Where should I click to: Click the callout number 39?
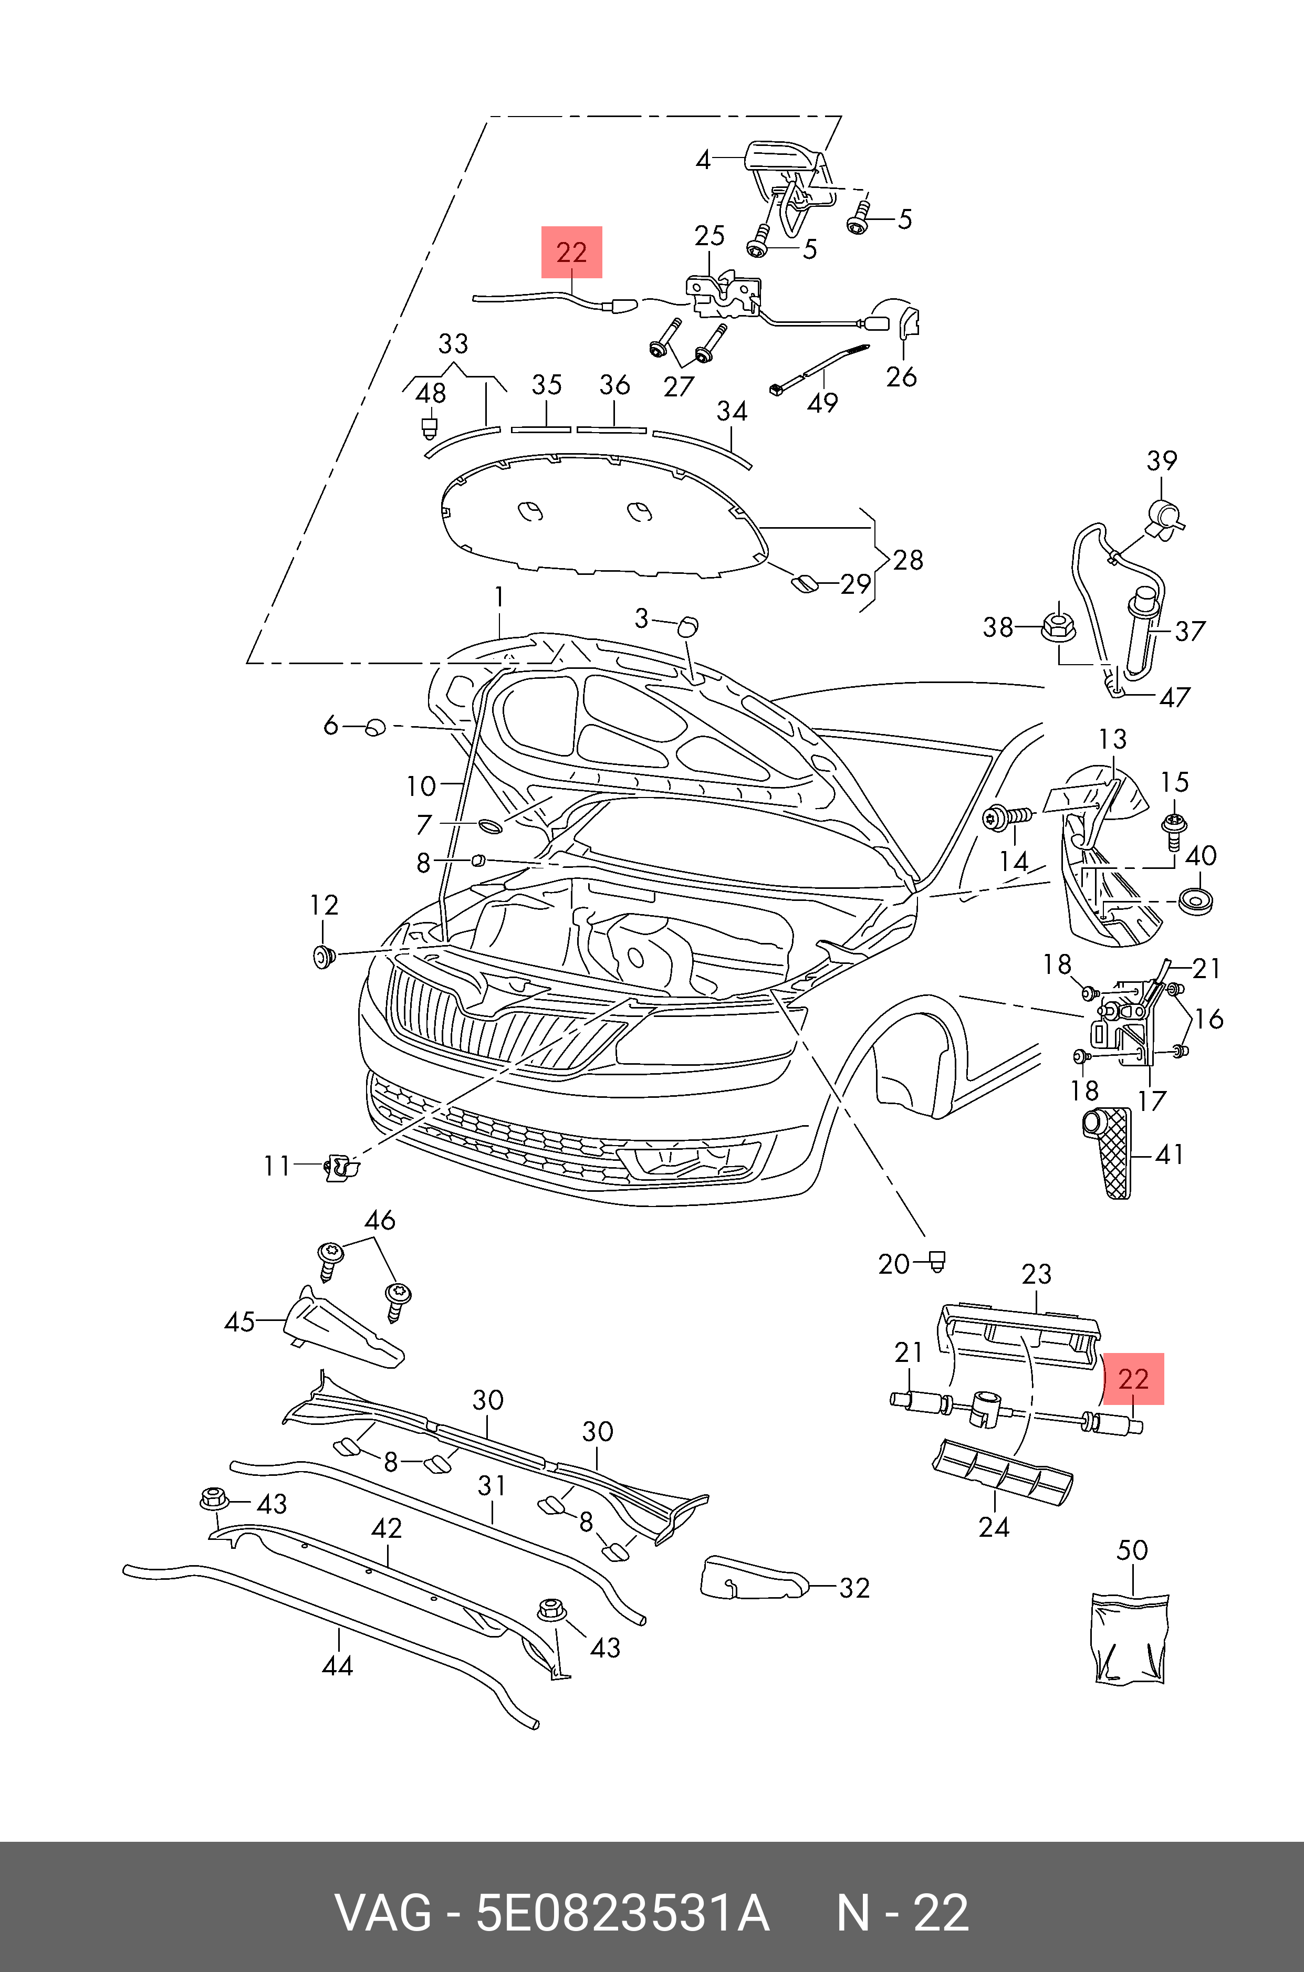coord(1162,460)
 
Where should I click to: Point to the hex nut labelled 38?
coord(1058,625)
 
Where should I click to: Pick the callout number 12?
coord(325,905)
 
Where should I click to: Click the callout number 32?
coord(854,1588)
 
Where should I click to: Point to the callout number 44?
coord(337,1665)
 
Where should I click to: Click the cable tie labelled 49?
coord(819,368)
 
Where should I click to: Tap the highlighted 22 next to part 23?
coord(1133,1379)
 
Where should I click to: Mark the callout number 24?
coord(994,1527)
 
